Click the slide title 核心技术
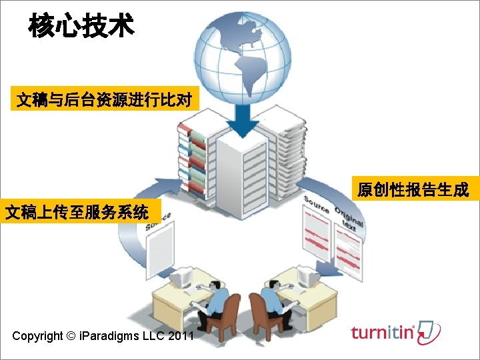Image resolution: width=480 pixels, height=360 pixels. (81, 26)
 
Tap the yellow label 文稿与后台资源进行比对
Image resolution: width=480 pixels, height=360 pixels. (104, 101)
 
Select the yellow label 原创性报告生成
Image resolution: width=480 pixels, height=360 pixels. (413, 190)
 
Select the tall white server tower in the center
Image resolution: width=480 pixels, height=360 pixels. (242, 177)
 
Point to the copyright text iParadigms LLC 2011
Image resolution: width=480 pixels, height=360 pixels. (103, 335)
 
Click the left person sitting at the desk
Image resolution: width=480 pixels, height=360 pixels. (213, 300)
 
